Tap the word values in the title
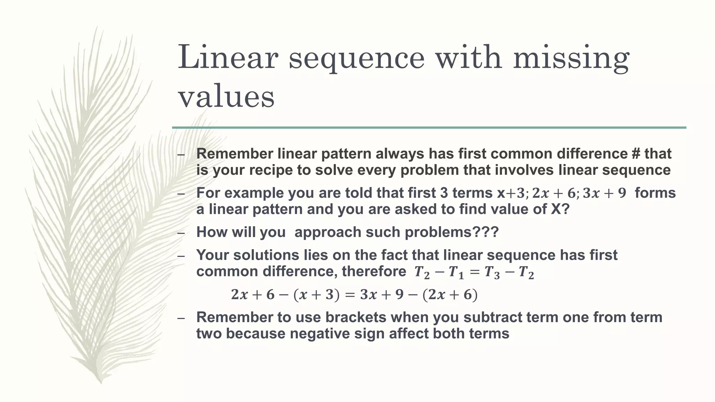226,97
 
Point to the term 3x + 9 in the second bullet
604,193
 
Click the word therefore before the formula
374,271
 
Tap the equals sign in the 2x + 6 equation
349,295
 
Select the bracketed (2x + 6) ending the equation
450,295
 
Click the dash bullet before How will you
180,233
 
